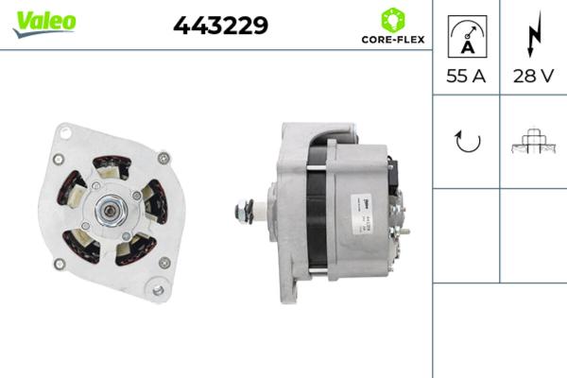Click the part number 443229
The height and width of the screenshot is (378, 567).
[220, 26]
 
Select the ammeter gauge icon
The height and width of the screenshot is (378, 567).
[465, 36]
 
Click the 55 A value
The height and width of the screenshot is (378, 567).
[465, 77]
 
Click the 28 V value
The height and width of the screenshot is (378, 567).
[532, 77]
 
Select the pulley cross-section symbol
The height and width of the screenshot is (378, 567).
[532, 141]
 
